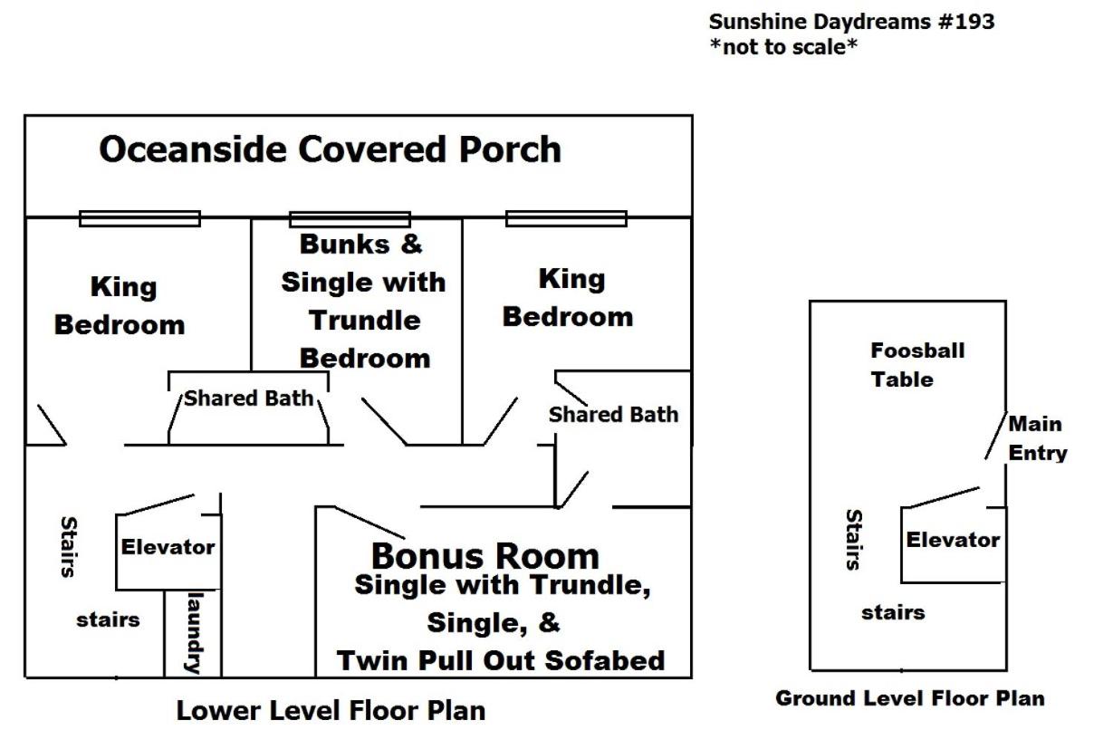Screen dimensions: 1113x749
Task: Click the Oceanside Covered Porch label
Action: pos(330,149)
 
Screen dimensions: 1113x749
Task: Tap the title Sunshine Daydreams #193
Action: pos(851,22)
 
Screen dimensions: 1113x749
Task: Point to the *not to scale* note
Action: pos(783,47)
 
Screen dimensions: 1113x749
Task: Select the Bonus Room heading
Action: pos(485,556)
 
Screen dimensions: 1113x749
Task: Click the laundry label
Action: pos(195,633)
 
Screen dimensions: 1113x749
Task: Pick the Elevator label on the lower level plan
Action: pos(168,547)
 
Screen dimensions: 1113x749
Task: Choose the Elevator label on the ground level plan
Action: pos(953,540)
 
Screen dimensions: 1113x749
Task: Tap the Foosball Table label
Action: pos(917,365)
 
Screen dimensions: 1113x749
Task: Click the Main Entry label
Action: pos(1038,438)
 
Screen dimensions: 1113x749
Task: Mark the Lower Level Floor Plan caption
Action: pos(331,710)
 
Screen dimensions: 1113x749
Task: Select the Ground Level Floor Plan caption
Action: pos(910,698)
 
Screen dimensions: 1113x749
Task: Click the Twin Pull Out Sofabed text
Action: pos(501,660)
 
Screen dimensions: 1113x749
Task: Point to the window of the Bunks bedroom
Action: pos(350,219)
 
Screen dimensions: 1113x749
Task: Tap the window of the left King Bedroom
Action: pos(139,218)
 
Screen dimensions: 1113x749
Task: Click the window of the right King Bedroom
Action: pos(566,218)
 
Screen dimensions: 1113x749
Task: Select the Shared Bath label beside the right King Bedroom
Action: pos(614,415)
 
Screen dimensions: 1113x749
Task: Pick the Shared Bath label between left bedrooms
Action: pos(249,399)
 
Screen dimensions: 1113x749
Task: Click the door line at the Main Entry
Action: pos(996,436)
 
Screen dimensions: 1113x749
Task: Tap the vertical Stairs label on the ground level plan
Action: pos(854,540)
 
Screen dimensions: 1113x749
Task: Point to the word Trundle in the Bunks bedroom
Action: pos(365,320)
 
